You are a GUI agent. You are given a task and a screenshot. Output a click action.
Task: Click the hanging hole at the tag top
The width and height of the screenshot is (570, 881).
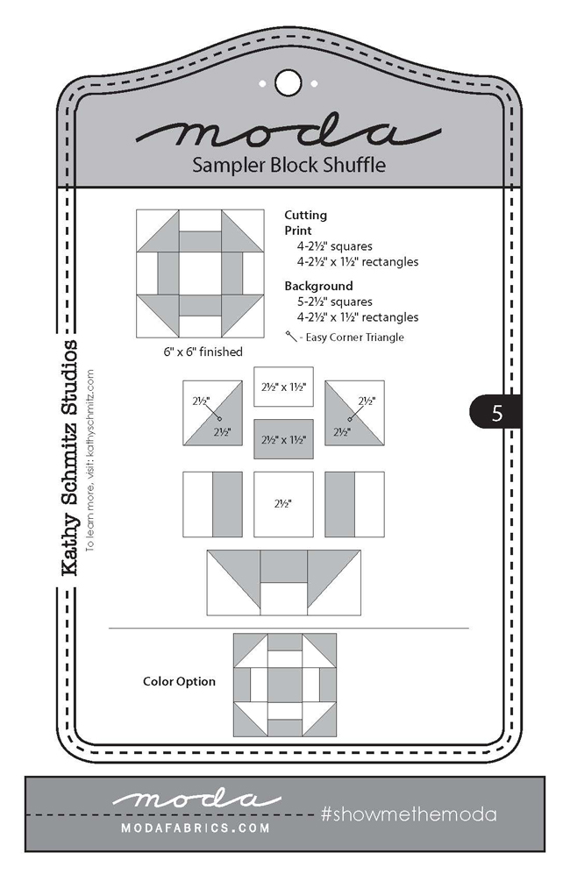tap(286, 82)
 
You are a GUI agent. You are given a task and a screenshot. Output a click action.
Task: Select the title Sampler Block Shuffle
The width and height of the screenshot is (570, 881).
tap(289, 165)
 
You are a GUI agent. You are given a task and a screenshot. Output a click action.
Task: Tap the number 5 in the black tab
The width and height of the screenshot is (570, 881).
tap(496, 413)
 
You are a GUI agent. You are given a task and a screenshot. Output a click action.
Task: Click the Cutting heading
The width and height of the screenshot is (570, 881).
tap(305, 215)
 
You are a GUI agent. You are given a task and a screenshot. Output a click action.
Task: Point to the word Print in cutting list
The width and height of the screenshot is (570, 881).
tap(299, 230)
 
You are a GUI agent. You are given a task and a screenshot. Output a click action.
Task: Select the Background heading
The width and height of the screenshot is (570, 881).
tap(318, 286)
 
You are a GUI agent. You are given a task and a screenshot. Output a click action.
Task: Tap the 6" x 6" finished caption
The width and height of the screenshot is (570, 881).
tap(200, 352)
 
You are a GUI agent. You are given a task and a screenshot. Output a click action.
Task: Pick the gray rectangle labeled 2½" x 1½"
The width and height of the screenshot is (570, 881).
tap(284, 438)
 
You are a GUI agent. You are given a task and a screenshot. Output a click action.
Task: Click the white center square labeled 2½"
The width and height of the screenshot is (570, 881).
tap(283, 505)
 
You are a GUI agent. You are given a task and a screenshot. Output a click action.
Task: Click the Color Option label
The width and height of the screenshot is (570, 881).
tap(179, 681)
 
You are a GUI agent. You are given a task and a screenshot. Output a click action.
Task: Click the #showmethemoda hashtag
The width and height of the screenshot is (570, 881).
tap(408, 814)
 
